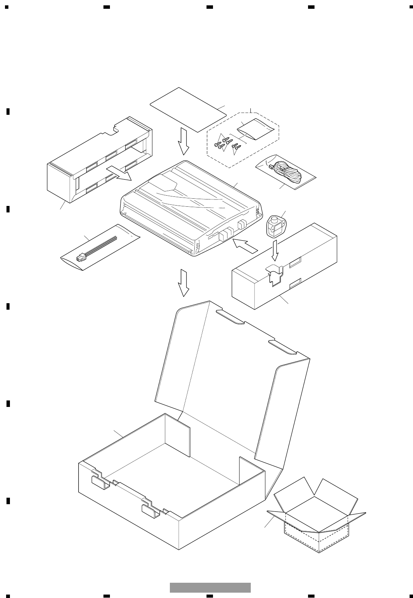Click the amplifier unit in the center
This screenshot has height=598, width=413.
click(x=191, y=210)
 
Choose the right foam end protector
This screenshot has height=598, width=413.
click(x=284, y=267)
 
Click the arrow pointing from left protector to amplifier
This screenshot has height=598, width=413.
click(x=118, y=173)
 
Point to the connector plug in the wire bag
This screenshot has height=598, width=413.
click(x=81, y=257)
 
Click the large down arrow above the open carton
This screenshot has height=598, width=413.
click(x=184, y=283)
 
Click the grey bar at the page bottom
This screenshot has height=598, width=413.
click(x=210, y=587)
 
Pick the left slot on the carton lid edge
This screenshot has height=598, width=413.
click(x=230, y=317)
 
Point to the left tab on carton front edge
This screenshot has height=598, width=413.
click(x=100, y=482)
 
